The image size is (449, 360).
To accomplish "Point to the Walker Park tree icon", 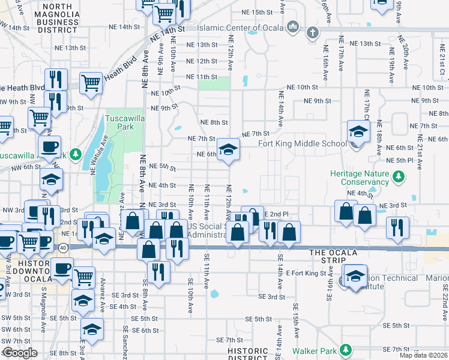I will coord(345,349).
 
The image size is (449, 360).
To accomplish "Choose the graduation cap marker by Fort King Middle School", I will coord(358,131).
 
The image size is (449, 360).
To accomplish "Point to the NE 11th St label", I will coord(201,77).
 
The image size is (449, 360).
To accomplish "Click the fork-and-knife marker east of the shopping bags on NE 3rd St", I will coord(397,227).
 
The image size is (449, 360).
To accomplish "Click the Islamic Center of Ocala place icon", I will coord(294,27).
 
